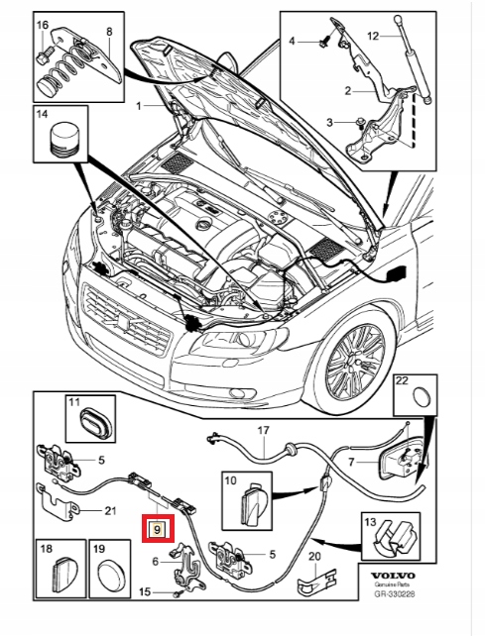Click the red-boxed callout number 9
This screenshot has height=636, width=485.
tap(157, 528)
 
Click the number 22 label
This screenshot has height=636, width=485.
tap(402, 380)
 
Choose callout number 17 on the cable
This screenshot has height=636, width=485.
tap(264, 431)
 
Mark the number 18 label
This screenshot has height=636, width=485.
tap(46, 547)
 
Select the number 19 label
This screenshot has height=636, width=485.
tap(97, 547)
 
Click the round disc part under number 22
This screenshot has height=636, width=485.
tap(420, 399)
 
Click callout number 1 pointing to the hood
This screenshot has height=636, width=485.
tap(141, 104)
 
